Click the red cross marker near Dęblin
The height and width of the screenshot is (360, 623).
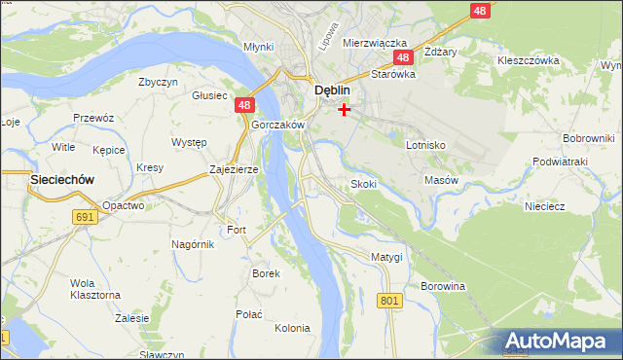pyautogui.click(x=344, y=109)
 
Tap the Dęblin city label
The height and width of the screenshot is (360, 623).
pyautogui.click(x=331, y=90)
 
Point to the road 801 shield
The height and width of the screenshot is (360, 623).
pyautogui.click(x=390, y=301)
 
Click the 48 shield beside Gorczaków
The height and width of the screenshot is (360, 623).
pyautogui.click(x=244, y=106)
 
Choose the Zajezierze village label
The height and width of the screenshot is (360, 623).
pyautogui.click(x=234, y=169)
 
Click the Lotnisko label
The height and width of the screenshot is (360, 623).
pyautogui.click(x=425, y=144)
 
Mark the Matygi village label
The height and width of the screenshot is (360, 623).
pyautogui.click(x=386, y=256)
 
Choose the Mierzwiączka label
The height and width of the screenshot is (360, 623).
pyautogui.click(x=374, y=43)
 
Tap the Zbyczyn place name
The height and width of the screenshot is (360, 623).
pyautogui.click(x=158, y=83)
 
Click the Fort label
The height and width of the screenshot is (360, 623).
pyautogui.click(x=237, y=230)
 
